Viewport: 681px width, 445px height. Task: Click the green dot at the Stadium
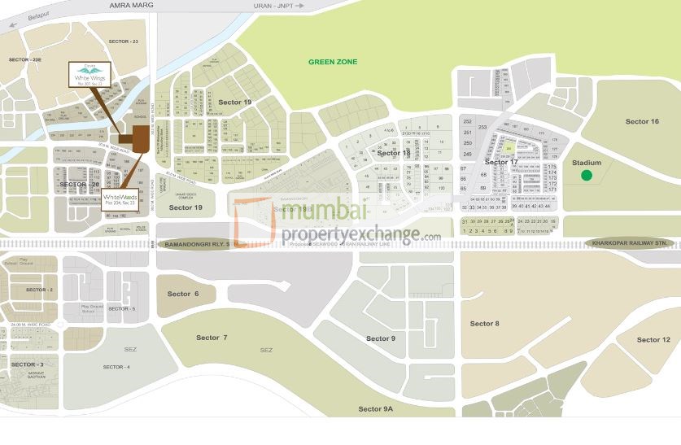[587, 175]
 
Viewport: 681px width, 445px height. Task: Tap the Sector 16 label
[642, 121]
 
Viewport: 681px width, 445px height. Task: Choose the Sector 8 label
[484, 324]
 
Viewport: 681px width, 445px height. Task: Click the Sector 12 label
[653, 339]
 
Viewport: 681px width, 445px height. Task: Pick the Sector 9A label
[375, 408]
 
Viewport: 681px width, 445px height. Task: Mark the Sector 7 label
[212, 337]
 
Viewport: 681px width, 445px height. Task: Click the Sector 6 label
[182, 294]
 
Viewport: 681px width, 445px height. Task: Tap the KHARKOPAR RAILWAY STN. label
[631, 242]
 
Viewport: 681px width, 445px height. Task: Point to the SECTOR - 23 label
[124, 41]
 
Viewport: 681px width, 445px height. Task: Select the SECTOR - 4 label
[116, 367]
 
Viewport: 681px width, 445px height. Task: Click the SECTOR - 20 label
[79, 185]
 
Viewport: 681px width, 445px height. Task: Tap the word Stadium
[586, 163]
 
